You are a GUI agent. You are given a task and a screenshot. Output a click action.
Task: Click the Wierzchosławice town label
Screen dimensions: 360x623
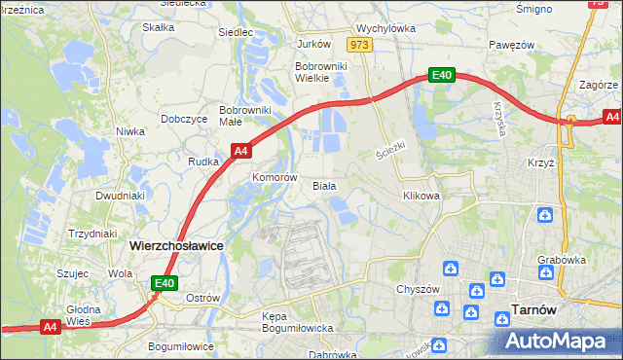point(176,247)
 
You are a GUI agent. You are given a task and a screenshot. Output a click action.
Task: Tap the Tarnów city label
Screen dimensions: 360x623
point(534,311)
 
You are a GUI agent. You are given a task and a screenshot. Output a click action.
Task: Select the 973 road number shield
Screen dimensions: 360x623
point(360,45)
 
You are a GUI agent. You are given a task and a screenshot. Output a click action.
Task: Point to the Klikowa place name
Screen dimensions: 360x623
point(421,196)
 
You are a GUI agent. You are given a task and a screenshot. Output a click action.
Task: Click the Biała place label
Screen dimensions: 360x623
point(324,185)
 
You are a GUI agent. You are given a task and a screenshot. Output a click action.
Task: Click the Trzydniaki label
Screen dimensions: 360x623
point(92,234)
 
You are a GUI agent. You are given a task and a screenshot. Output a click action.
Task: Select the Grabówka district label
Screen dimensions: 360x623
point(561,260)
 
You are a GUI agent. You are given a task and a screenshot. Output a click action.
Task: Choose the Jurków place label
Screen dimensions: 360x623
point(313,44)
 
